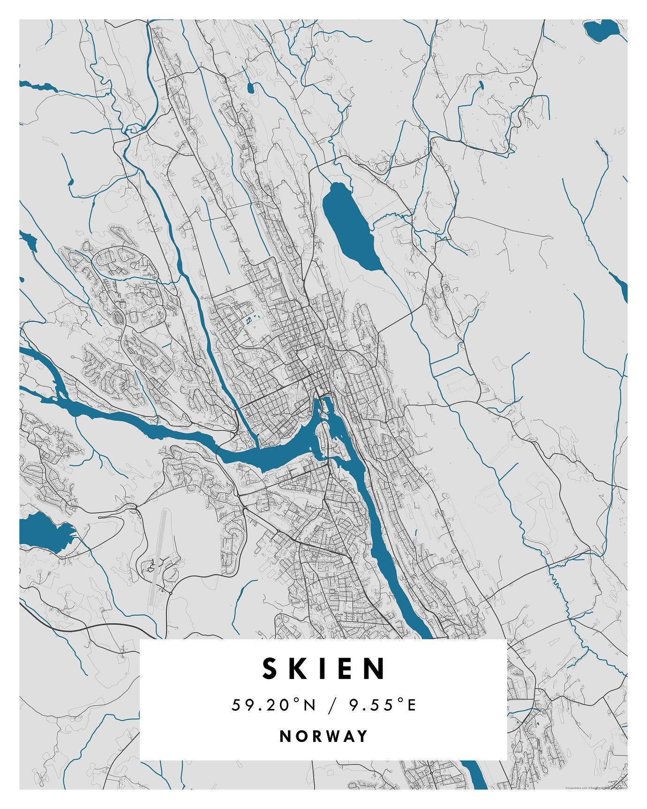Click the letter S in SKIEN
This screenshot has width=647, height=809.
(271, 669)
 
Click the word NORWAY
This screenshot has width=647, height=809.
(323, 736)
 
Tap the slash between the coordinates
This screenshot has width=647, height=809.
(332, 705)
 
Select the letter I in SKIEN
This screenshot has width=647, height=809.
(323, 669)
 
